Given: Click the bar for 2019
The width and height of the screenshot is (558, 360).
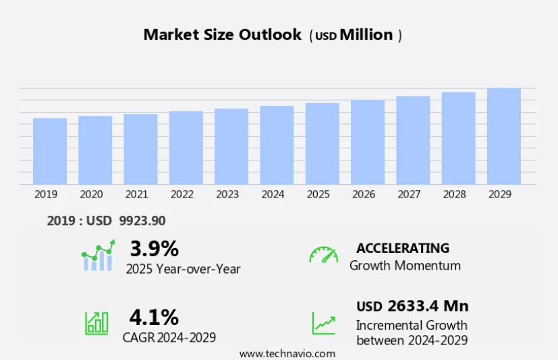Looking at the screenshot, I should pyautogui.click(x=50, y=151).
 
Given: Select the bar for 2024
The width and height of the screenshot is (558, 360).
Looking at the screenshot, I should pyautogui.click(x=277, y=145).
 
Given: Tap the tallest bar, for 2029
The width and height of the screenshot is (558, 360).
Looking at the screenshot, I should pyautogui.click(x=503, y=136).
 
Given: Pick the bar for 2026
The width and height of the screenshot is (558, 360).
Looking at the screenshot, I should pyautogui.click(x=368, y=142).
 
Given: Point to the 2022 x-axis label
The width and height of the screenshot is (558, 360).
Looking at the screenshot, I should pyautogui.click(x=182, y=194).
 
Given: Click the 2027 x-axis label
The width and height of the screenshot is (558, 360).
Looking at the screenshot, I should pyautogui.click(x=409, y=194).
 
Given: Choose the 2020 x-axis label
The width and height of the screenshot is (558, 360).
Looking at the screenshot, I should pyautogui.click(x=91, y=194).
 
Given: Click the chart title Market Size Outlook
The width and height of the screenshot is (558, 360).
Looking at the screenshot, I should pyautogui.click(x=222, y=35).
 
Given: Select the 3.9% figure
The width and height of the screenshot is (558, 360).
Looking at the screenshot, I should pyautogui.click(x=154, y=249).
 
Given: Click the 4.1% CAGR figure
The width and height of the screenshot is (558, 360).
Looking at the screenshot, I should pyautogui.click(x=154, y=316).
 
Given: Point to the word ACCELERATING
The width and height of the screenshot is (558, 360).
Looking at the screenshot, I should pyautogui.click(x=403, y=248).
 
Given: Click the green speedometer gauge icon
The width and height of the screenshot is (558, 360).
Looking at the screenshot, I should pyautogui.click(x=323, y=256).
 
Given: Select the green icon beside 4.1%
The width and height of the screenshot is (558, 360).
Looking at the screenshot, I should pyautogui.click(x=96, y=323).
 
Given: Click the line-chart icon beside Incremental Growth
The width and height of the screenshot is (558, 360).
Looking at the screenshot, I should pyautogui.click(x=323, y=323).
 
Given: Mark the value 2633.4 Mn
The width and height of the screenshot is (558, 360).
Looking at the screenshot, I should pyautogui.click(x=428, y=306).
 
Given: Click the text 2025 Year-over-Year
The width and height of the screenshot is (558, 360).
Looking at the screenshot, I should pyautogui.click(x=183, y=268).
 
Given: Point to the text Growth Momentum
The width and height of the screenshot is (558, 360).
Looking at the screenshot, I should pyautogui.click(x=405, y=266).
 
